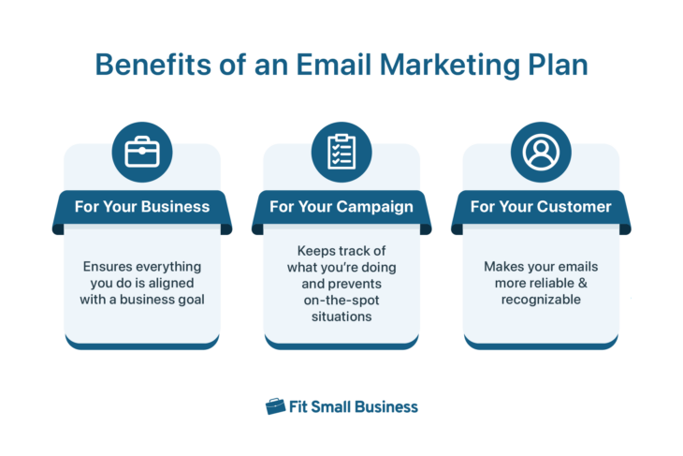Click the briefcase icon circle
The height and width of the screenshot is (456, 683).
tap(142, 153)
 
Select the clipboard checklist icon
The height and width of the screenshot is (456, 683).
tap(341, 153)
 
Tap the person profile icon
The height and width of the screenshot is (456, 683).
tap(541, 153)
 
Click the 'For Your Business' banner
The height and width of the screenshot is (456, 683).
tap(142, 207)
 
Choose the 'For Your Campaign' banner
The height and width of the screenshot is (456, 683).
tap(341, 207)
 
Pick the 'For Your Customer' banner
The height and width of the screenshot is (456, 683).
tap(541, 207)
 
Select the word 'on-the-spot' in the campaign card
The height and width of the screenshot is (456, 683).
tap(341, 301)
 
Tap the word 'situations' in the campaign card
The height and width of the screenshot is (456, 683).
tap(341, 317)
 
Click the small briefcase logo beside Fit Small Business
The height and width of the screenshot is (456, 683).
tap(275, 406)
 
